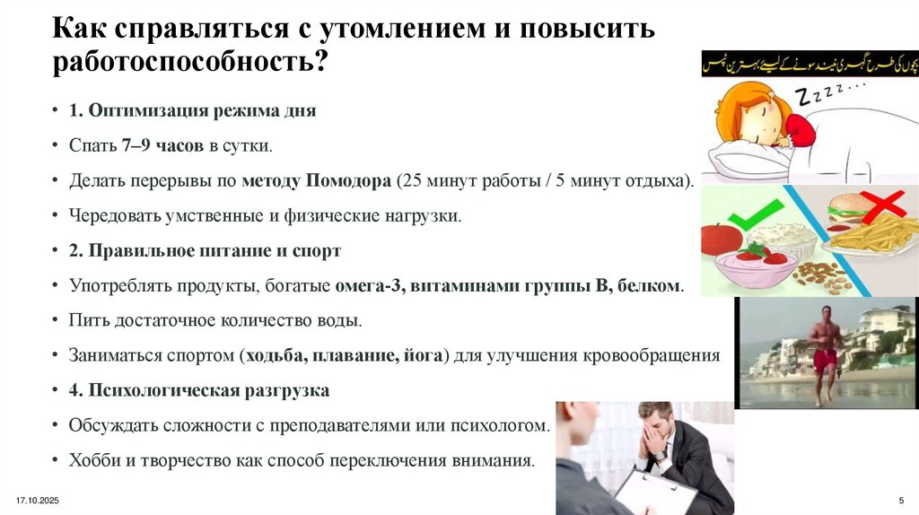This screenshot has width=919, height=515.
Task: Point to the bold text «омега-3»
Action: point(365,286)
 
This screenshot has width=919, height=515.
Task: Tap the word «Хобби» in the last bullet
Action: point(92,461)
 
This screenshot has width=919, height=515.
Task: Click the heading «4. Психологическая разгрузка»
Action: point(198,391)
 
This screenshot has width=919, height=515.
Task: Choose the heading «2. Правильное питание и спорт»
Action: point(205,250)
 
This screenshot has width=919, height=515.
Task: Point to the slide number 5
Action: point(900,499)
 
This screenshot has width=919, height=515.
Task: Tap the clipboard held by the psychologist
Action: point(650,492)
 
